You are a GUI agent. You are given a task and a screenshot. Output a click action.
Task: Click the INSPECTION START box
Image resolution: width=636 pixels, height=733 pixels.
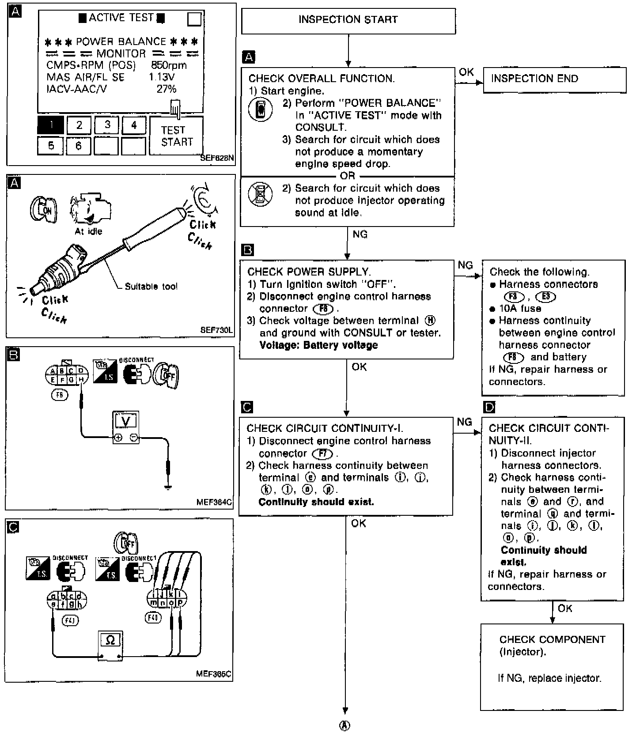point(348,20)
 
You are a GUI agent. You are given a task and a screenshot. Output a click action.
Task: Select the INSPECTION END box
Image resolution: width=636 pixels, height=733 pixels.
point(554,79)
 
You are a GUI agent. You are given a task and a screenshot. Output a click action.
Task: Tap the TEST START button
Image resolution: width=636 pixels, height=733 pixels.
point(177,136)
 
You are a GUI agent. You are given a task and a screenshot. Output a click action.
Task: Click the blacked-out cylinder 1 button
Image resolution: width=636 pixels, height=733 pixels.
point(51,125)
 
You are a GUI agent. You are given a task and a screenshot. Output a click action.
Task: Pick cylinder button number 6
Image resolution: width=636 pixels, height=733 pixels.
point(79,146)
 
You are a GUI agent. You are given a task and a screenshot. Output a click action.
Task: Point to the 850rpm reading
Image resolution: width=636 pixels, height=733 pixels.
point(169,65)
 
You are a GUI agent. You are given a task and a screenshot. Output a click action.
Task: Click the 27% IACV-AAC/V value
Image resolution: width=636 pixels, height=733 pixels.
point(167,89)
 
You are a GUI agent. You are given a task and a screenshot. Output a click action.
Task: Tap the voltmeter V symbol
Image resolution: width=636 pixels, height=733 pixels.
point(126,421)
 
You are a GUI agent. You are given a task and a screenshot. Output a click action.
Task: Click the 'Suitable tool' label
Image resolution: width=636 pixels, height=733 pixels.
point(151,287)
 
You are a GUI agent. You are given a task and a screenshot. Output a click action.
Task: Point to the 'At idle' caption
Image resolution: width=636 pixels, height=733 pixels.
point(88,231)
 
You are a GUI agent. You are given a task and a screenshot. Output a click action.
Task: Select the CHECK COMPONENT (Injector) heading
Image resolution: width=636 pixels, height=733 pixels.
point(552,645)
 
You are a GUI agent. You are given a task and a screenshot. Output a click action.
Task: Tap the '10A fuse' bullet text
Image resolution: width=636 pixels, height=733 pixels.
point(520,309)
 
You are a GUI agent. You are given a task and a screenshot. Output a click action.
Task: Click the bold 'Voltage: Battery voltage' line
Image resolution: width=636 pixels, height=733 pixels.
point(318,345)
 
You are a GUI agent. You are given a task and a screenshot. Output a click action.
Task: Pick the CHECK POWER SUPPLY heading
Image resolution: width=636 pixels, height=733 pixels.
point(309,272)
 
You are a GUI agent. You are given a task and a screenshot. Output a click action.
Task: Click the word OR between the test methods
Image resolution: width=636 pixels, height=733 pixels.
point(347,176)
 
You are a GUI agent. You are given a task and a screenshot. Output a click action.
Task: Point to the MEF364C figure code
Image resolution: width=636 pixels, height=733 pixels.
point(214,502)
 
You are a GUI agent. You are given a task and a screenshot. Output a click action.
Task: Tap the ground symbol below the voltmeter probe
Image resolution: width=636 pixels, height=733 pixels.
point(167,487)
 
